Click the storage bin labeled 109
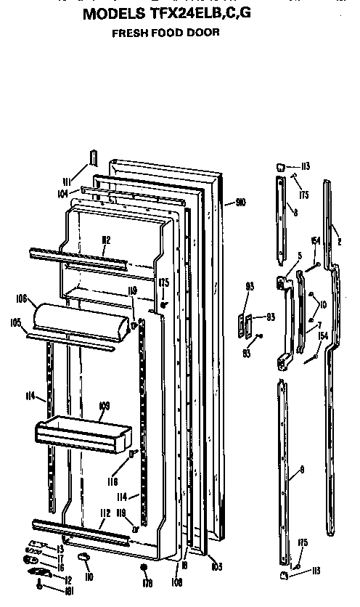83,436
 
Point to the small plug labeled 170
145,566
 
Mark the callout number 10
322,304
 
